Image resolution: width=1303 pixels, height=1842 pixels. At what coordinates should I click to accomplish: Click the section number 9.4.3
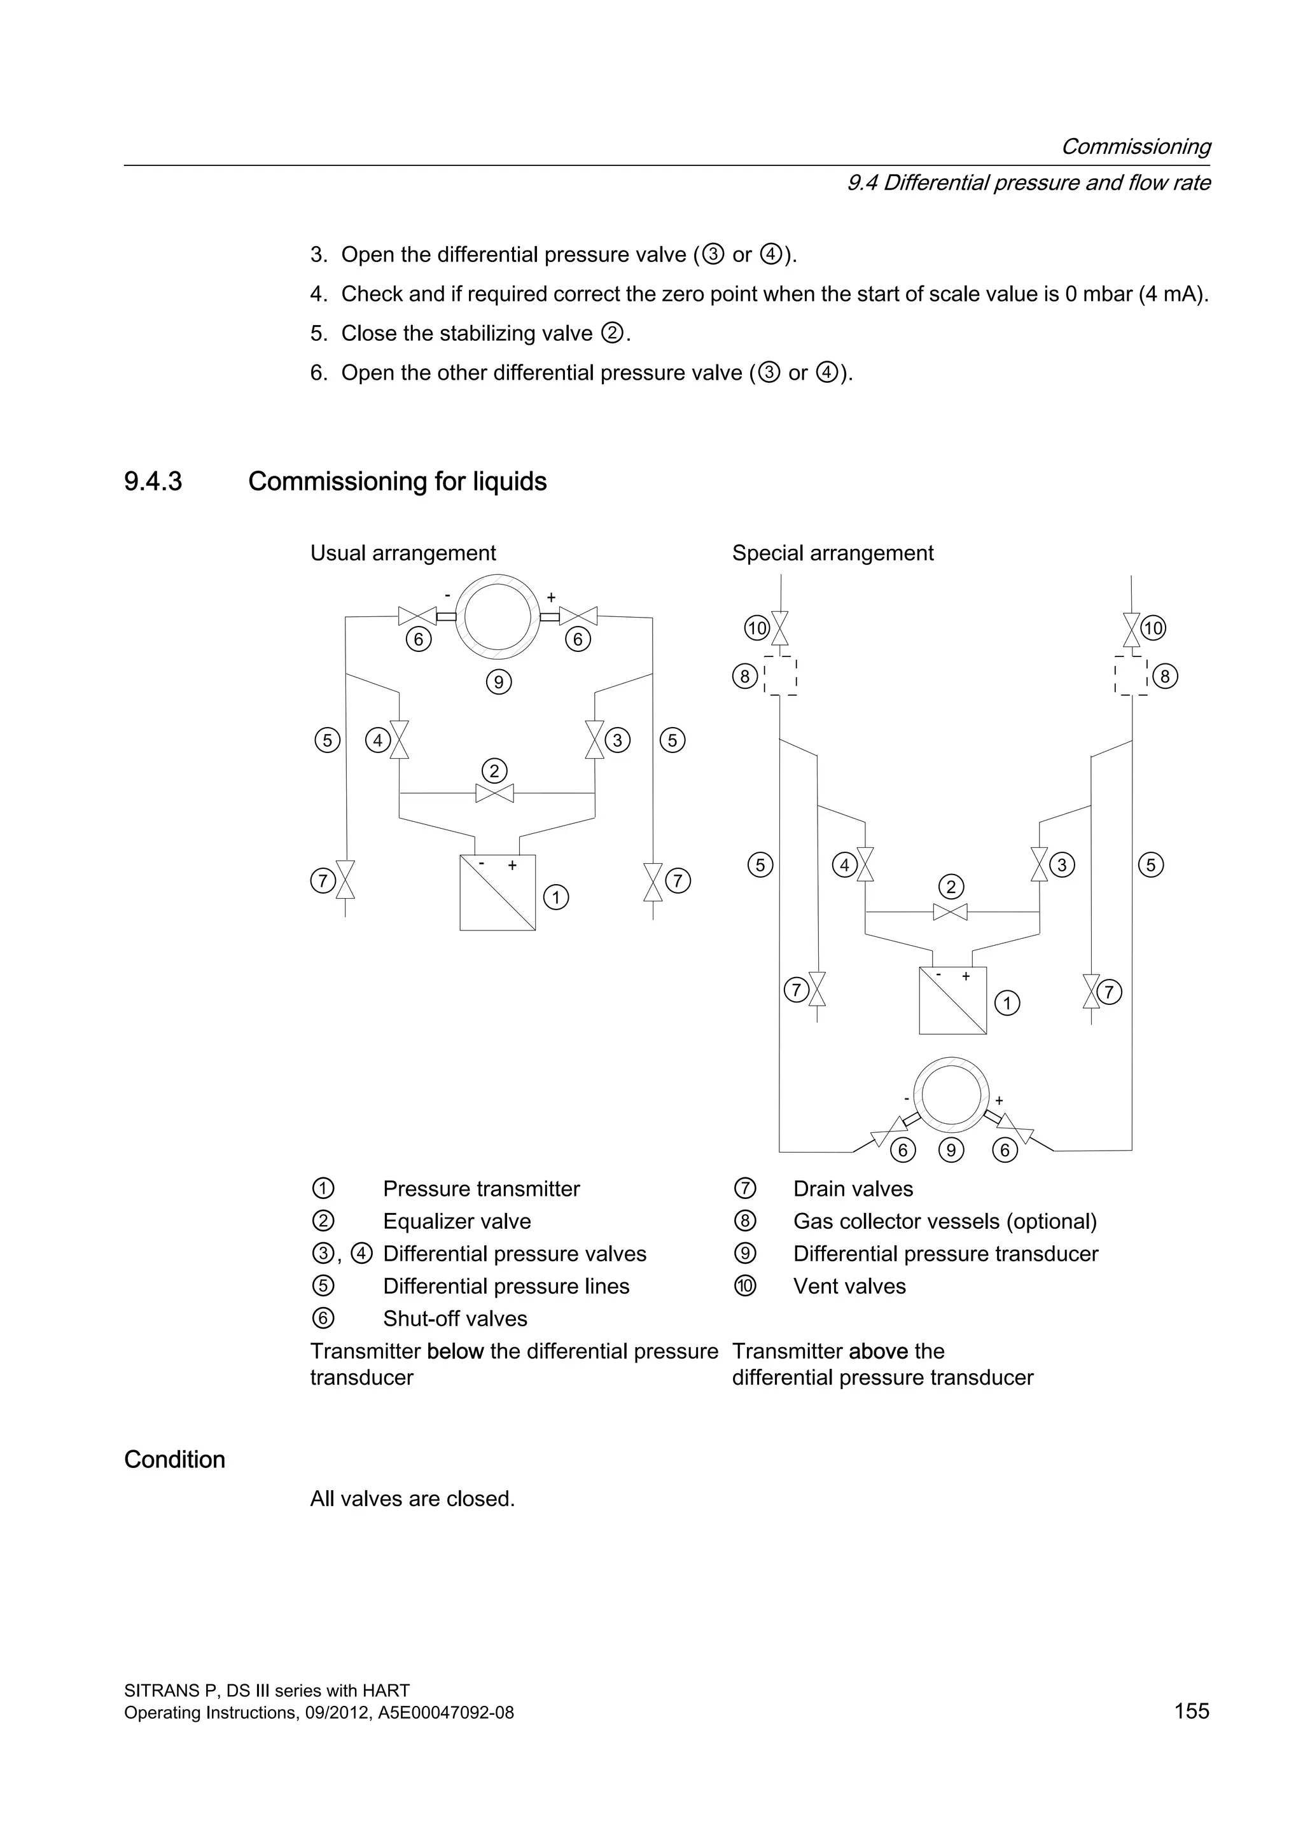point(153,481)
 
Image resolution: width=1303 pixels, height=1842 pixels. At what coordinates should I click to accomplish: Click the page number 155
point(1192,1711)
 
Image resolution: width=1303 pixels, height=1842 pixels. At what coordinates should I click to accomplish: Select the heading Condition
point(174,1459)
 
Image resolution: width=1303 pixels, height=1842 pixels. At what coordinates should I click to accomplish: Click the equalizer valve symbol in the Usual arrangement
point(494,793)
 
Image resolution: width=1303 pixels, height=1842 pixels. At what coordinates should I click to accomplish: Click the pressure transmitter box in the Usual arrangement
point(498,892)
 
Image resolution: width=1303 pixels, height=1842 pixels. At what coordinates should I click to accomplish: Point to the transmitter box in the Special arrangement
point(952,1001)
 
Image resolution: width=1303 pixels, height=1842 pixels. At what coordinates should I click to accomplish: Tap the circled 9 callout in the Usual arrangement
point(498,682)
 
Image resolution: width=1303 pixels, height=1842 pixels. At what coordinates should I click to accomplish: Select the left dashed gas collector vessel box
point(780,676)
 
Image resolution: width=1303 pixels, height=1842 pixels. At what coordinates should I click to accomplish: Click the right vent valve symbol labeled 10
point(1131,630)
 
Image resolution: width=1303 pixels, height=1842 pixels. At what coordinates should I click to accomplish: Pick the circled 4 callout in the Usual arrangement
point(377,740)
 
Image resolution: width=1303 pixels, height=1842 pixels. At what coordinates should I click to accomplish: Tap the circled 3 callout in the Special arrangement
point(1061,865)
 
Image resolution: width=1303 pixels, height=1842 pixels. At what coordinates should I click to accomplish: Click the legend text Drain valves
point(853,1189)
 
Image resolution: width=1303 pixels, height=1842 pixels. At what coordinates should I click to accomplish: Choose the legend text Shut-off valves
point(455,1319)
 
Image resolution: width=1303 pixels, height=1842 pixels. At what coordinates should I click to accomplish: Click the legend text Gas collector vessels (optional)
point(944,1221)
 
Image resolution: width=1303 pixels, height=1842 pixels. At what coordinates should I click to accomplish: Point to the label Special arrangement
point(832,553)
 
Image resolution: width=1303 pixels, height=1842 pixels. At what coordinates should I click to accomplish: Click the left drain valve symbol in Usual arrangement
point(345,880)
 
